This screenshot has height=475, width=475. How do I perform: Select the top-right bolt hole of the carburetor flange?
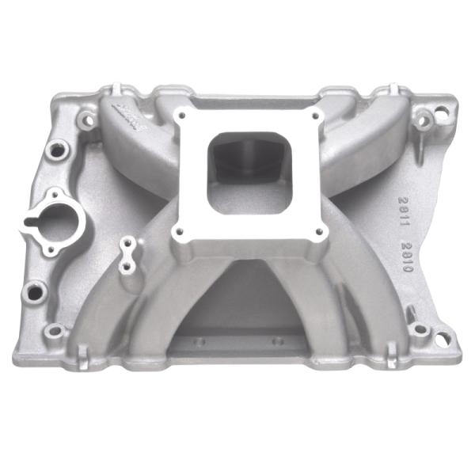(x=317, y=116)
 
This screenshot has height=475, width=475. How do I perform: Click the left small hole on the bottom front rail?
(x=200, y=341)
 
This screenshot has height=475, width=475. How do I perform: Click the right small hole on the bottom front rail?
(x=277, y=341)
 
